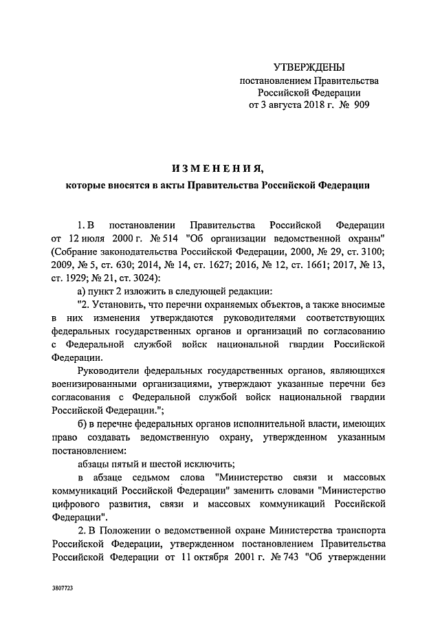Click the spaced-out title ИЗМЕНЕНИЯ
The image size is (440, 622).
tap(217, 168)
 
